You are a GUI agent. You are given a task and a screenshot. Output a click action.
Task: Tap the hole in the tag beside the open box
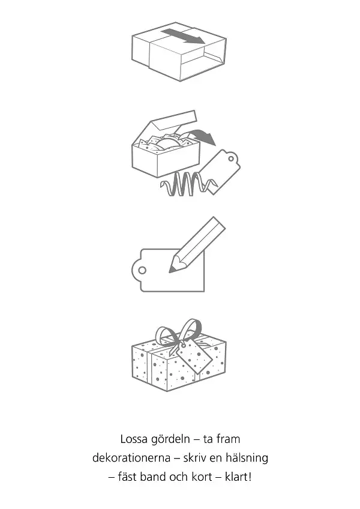click(x=231, y=158)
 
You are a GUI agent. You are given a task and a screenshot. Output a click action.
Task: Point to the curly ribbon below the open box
click(x=188, y=184)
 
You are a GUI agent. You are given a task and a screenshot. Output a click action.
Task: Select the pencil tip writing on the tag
click(x=172, y=268)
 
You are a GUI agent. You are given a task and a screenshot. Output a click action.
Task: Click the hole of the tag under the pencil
click(x=142, y=270)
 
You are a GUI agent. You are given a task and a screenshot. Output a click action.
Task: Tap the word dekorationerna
click(x=131, y=458)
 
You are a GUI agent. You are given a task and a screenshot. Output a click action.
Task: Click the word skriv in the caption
click(x=194, y=458)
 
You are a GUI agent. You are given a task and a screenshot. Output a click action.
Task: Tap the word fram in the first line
click(x=228, y=439)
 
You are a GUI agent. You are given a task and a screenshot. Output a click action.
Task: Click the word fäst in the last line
click(x=127, y=477)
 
